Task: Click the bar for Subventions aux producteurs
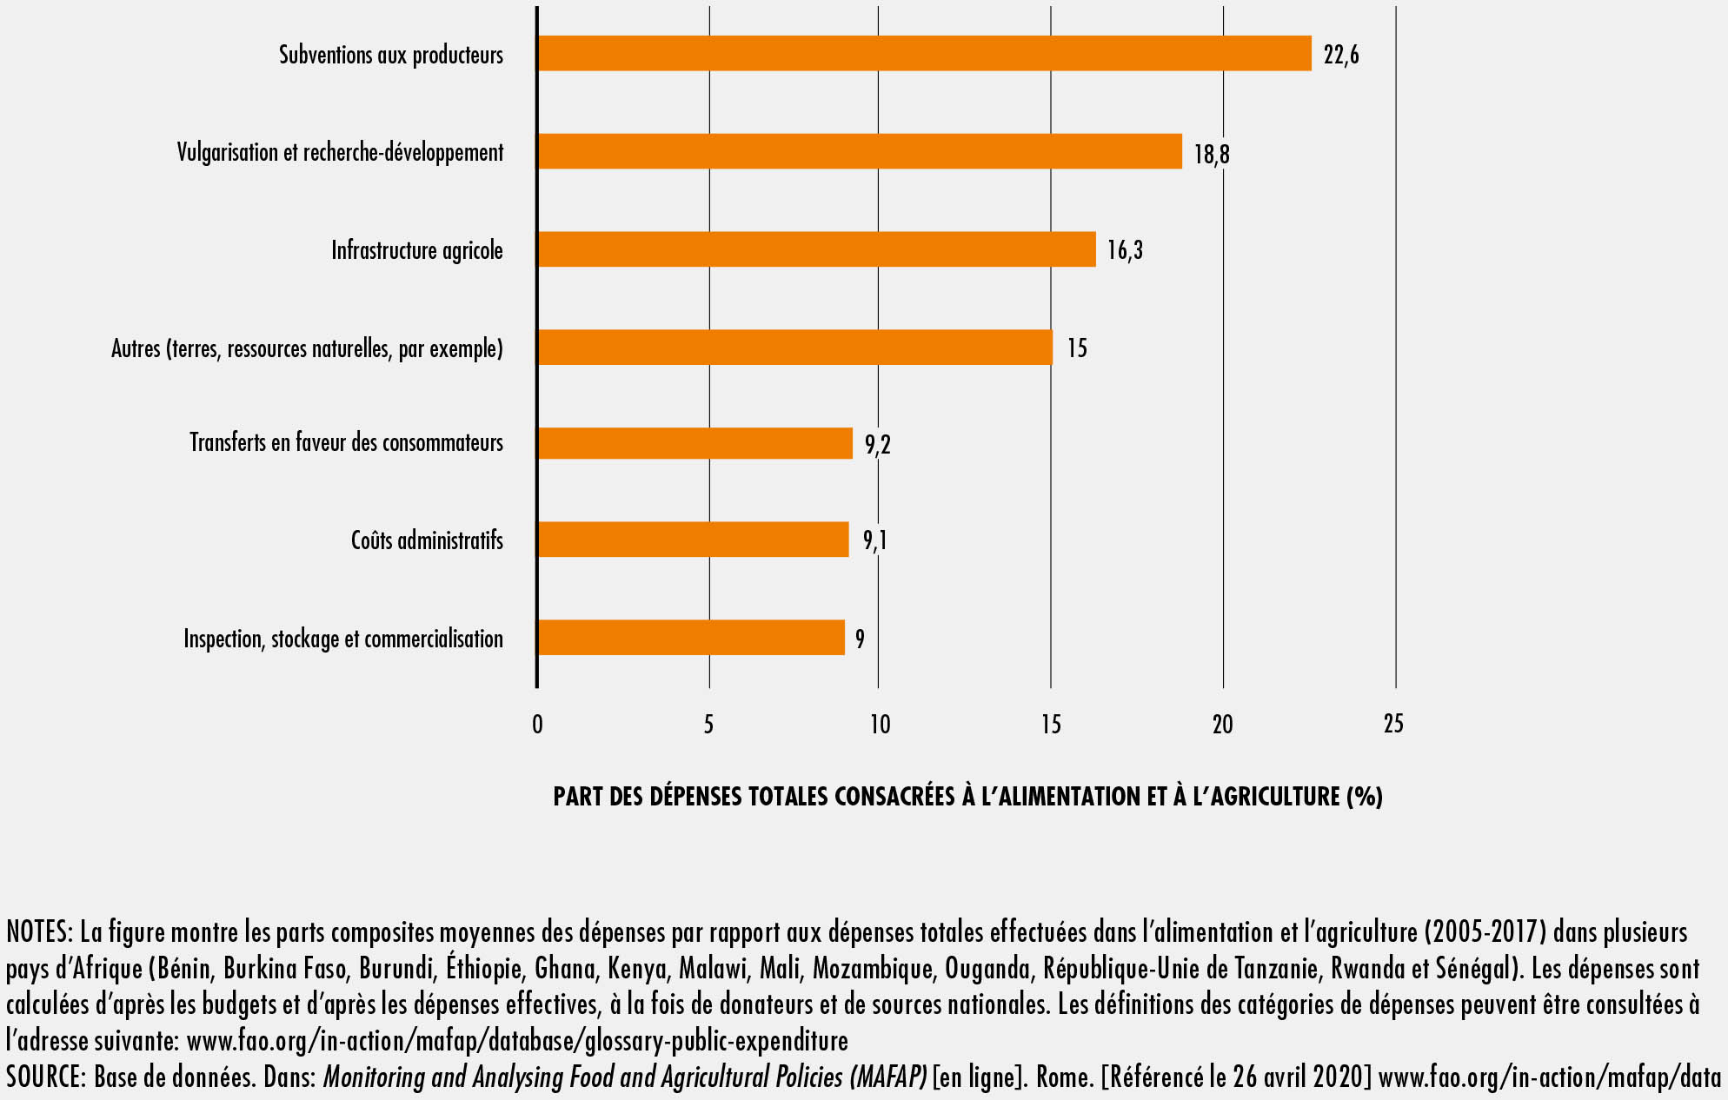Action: click(924, 53)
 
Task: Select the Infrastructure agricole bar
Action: click(816, 249)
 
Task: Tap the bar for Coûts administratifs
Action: click(693, 540)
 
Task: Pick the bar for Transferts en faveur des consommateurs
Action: click(695, 443)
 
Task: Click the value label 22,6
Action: click(1341, 55)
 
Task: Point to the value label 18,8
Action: click(1212, 154)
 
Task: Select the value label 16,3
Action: click(1125, 250)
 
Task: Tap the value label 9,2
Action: click(877, 445)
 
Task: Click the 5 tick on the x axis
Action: click(708, 724)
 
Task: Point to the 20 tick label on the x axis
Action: click(1222, 724)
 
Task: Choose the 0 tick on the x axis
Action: click(537, 724)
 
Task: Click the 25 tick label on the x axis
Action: click(1393, 724)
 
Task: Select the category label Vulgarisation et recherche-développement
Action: click(340, 152)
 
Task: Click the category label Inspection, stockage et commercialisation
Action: click(343, 639)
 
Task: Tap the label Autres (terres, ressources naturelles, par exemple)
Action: click(307, 348)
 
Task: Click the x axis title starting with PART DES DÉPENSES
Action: click(967, 796)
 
